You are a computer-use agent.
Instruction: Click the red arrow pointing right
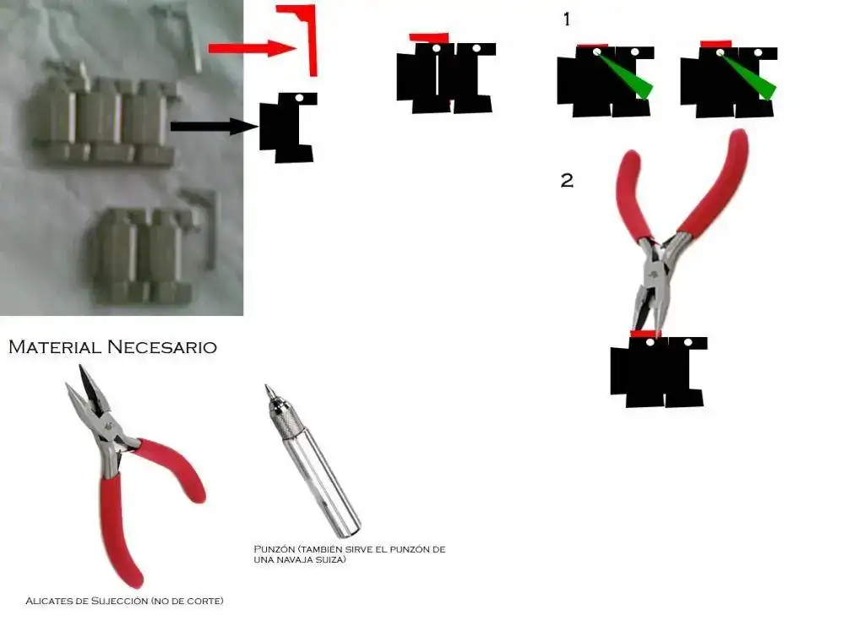click(252, 48)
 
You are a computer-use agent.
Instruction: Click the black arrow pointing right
click(214, 126)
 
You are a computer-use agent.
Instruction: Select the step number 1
click(567, 19)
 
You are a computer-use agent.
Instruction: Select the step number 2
click(567, 180)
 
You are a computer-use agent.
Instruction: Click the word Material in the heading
click(55, 347)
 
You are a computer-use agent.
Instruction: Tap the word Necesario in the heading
click(162, 347)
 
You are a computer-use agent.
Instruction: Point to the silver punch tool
click(313, 461)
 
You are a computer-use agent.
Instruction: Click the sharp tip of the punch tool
click(266, 385)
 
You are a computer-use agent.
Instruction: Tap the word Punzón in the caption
click(275, 549)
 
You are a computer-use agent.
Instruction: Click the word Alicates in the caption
click(49, 601)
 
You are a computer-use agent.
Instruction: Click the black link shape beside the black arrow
click(289, 128)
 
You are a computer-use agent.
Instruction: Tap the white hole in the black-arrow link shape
click(299, 98)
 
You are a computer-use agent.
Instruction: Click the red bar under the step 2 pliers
click(645, 334)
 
